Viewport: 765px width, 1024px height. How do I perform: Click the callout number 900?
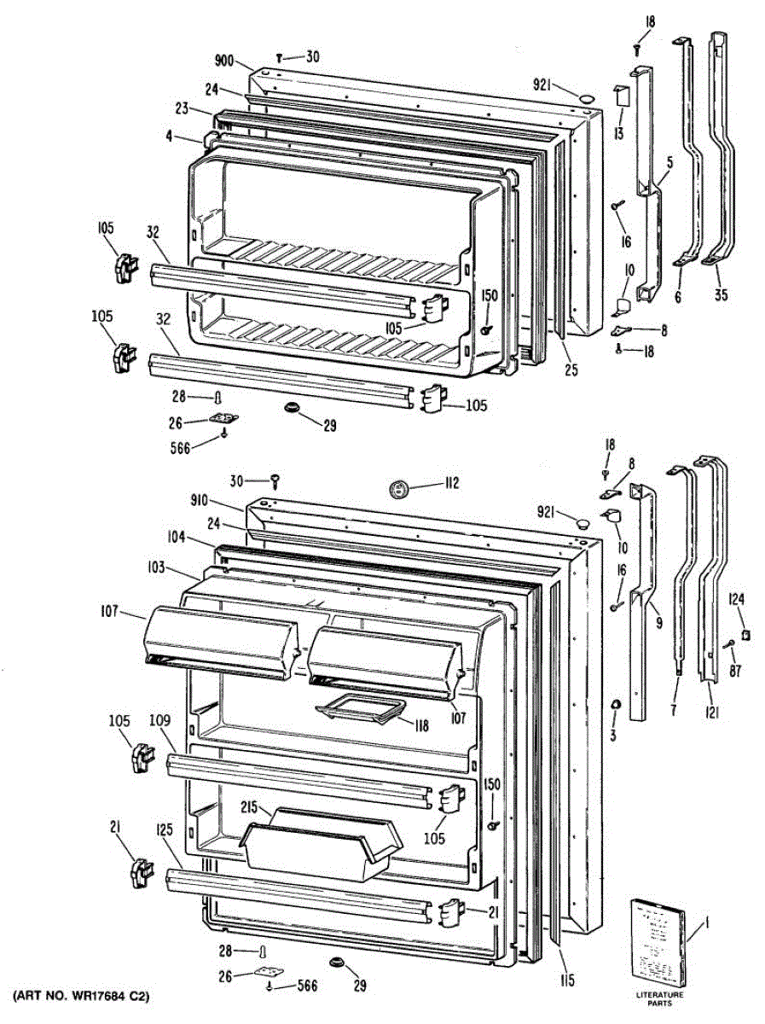tap(225, 61)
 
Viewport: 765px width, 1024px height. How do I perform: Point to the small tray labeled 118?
tap(357, 707)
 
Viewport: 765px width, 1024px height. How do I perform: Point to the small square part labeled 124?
tap(745, 634)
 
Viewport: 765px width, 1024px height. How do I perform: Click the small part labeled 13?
tap(621, 97)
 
